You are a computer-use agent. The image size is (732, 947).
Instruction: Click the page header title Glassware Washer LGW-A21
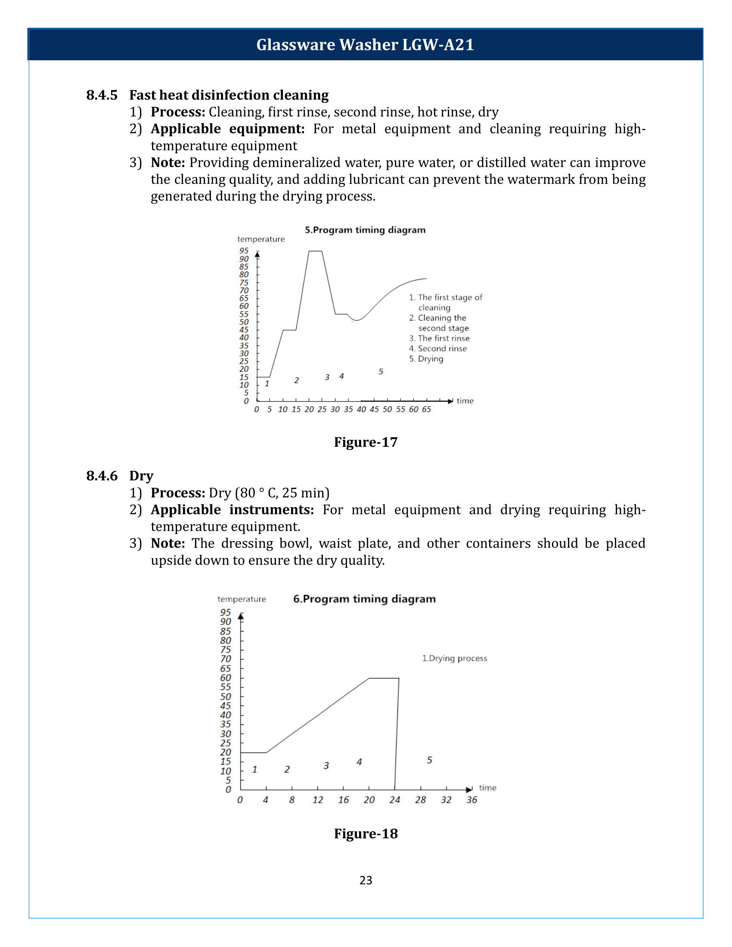(x=365, y=45)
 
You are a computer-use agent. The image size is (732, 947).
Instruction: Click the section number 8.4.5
(x=102, y=95)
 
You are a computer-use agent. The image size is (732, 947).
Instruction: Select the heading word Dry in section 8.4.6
(x=141, y=476)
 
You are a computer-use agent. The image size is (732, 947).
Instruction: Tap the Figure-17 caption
(x=366, y=442)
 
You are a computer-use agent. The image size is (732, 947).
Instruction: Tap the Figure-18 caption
(x=366, y=833)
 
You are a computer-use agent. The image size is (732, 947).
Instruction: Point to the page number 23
(x=366, y=880)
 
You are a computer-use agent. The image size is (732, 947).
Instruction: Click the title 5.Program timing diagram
(x=365, y=230)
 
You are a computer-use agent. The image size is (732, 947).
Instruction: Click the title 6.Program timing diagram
(x=364, y=599)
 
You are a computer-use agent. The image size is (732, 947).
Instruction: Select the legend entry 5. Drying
(x=426, y=359)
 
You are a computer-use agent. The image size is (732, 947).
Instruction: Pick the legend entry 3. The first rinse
(x=439, y=338)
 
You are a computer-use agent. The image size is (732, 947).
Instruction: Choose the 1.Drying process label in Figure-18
(x=454, y=658)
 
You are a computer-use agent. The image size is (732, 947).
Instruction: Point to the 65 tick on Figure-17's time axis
(x=427, y=409)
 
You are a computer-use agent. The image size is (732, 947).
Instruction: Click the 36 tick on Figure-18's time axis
(x=472, y=800)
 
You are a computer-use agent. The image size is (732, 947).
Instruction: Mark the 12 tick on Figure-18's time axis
(x=318, y=800)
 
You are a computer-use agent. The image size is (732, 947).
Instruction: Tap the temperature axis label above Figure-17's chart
(x=261, y=239)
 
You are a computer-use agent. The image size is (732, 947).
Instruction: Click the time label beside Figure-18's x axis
(x=487, y=788)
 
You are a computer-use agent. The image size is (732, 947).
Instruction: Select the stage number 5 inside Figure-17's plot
(x=381, y=371)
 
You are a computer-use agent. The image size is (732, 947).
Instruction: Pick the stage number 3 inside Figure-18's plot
(x=326, y=766)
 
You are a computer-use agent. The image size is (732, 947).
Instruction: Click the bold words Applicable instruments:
(x=232, y=510)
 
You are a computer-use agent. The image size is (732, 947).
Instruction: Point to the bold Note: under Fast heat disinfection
(x=168, y=163)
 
